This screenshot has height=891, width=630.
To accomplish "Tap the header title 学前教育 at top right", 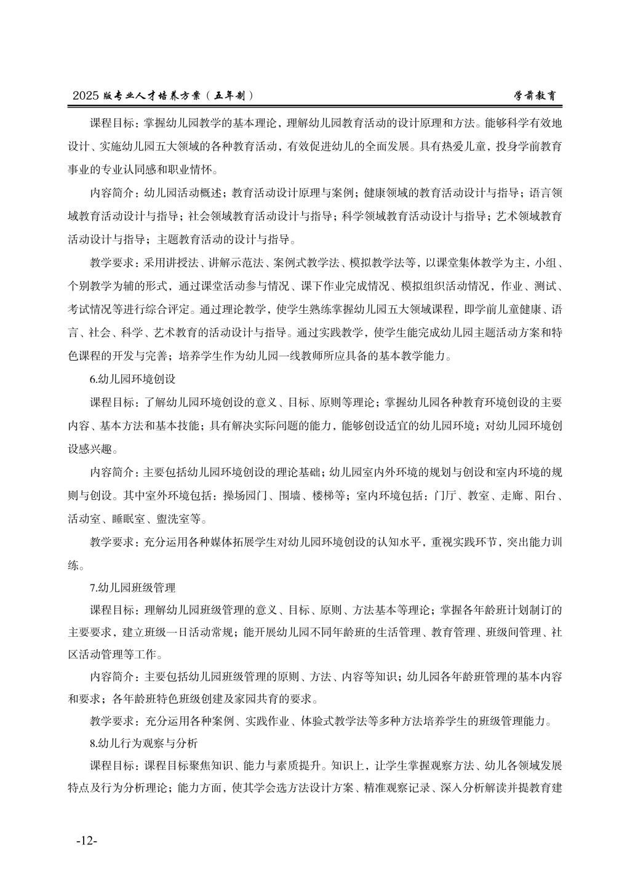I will click(x=538, y=96).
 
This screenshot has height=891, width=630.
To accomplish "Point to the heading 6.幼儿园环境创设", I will click(x=132, y=378).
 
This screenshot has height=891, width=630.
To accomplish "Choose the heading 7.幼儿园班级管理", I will click(x=132, y=587).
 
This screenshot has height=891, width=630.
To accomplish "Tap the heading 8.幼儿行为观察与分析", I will click(x=143, y=743).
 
